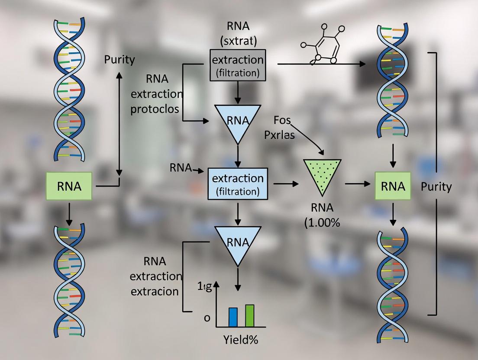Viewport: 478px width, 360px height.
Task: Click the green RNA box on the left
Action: tap(69, 186)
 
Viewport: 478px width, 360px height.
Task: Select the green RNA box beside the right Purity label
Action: tap(393, 186)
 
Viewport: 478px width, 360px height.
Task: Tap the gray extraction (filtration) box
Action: tap(237, 65)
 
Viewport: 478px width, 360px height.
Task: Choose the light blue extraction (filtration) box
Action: tap(237, 183)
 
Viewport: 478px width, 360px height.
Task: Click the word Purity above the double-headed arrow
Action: tap(119, 60)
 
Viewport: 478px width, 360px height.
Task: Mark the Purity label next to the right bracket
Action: tap(436, 187)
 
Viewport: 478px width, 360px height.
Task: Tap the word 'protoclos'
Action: tap(155, 109)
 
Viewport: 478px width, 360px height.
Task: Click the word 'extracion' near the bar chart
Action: tap(154, 291)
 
